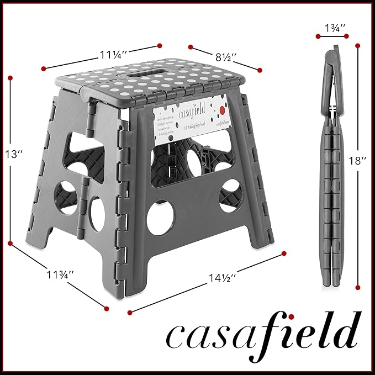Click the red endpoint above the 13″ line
pos(10,78)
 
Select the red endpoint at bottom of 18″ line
pos(358,287)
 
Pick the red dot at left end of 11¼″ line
pos(43,68)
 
